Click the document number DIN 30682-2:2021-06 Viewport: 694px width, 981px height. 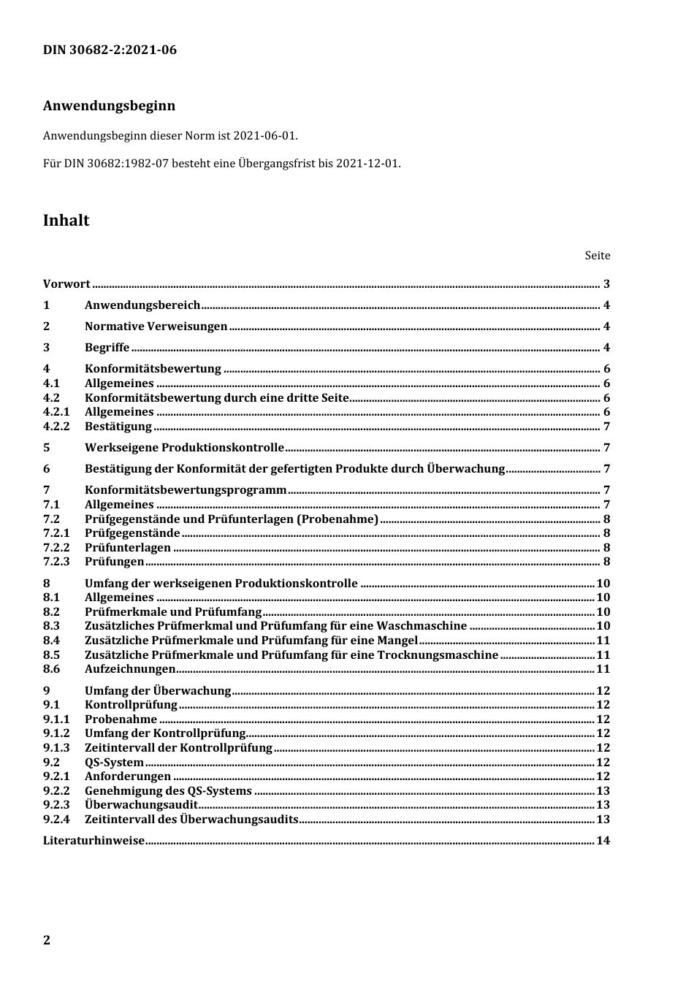110,50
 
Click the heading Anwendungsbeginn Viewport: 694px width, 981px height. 109,105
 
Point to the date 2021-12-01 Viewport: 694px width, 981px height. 367,163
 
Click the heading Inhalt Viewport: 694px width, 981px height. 66,221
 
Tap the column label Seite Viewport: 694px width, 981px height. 597,256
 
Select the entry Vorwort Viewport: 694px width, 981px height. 66,284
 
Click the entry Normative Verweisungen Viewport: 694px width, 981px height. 156,327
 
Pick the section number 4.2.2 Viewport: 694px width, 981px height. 56,427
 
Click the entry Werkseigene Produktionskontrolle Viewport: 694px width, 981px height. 184,448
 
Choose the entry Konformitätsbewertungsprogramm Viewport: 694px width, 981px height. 186,490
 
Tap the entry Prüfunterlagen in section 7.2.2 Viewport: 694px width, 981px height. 128,548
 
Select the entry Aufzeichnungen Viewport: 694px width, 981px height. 130,669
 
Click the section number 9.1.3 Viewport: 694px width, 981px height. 56,748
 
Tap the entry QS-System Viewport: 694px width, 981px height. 114,763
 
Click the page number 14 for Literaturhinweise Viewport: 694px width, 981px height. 603,841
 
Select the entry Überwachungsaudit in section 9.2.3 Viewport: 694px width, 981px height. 141,805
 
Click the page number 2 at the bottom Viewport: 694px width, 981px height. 47,940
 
